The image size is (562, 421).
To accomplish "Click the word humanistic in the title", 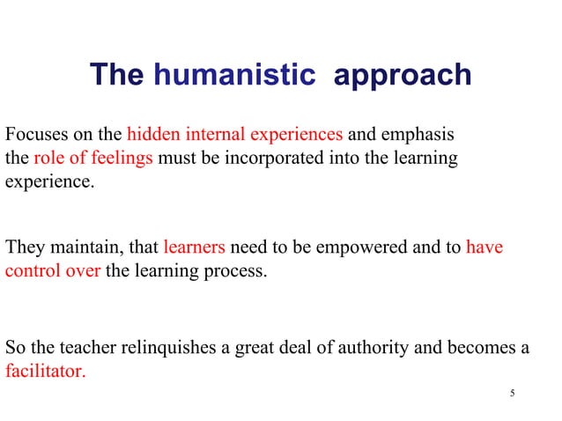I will pyautogui.click(x=234, y=75).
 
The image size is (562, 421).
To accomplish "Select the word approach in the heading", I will pyautogui.click(x=403, y=76).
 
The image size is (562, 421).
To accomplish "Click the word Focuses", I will pyautogui.click(x=33, y=136).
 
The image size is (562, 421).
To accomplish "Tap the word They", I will pyautogui.click(x=24, y=247).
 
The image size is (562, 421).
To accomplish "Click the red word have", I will pyautogui.click(x=484, y=247).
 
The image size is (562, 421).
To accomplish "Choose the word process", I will pyautogui.click(x=236, y=271).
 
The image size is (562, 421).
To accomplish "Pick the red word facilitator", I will pyautogui.click(x=46, y=371).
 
